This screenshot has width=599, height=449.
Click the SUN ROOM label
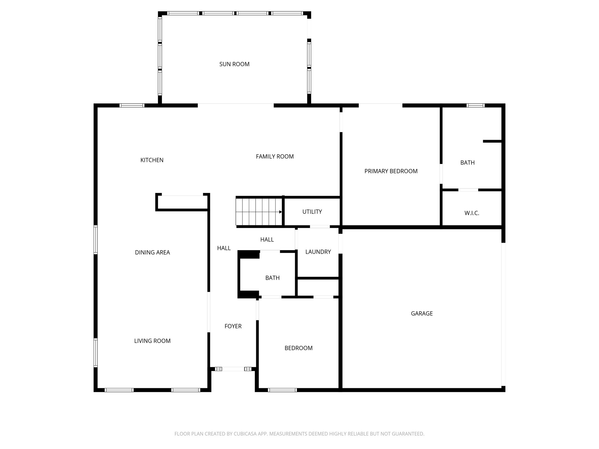(234, 64)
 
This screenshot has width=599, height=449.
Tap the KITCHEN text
(152, 160)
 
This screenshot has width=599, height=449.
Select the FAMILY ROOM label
(275, 157)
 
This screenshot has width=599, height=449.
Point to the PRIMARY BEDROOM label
(391, 171)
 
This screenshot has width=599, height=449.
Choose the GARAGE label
(421, 314)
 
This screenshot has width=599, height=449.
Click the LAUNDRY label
(318, 252)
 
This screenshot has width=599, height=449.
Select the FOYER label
(233, 326)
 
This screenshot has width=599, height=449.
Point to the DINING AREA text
(152, 253)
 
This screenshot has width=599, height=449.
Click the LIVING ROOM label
(152, 341)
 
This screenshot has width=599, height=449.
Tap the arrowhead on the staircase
(280, 212)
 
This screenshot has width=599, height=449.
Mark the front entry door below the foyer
(233, 369)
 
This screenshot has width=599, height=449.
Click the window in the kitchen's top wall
(132, 106)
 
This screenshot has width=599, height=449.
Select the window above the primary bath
(475, 106)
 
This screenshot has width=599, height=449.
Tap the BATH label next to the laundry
(272, 278)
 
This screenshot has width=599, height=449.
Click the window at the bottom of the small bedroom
(282, 390)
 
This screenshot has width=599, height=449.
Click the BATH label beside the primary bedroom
(467, 163)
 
